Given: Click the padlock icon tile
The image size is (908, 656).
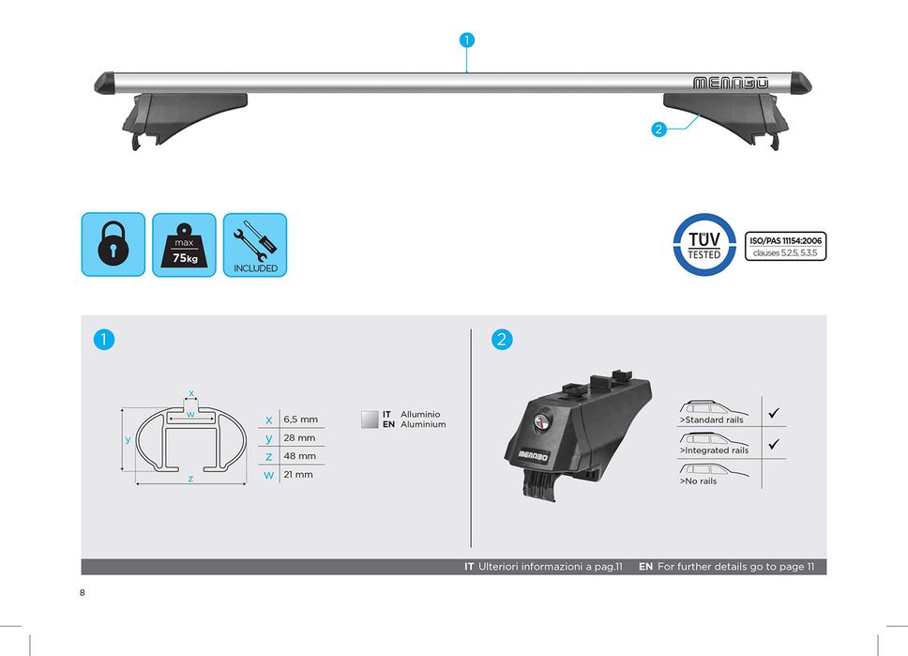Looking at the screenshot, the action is pyautogui.click(x=113, y=245).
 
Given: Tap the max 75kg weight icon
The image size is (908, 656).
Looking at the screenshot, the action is pyautogui.click(x=184, y=245).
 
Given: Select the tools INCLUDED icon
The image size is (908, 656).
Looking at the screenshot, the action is pyautogui.click(x=255, y=245).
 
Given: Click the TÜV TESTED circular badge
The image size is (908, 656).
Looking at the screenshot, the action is pyautogui.click(x=704, y=245).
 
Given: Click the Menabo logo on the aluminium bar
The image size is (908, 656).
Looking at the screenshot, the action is pyautogui.click(x=731, y=83).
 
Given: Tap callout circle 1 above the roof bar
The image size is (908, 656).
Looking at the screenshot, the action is pyautogui.click(x=467, y=40).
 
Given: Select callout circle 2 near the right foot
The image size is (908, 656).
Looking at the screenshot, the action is pyautogui.click(x=658, y=130).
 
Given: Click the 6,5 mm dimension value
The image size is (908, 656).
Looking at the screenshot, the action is pyautogui.click(x=300, y=420).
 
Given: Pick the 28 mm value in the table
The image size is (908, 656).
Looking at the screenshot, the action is pyautogui.click(x=299, y=438).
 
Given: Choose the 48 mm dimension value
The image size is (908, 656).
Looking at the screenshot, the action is pyautogui.click(x=300, y=456).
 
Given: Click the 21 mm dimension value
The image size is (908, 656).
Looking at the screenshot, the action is pyautogui.click(x=298, y=475).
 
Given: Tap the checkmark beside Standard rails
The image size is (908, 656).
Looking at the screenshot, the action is pyautogui.click(x=774, y=413).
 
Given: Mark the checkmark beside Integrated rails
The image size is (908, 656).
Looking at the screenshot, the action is pyautogui.click(x=774, y=444).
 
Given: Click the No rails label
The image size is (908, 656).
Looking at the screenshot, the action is pyautogui.click(x=699, y=481).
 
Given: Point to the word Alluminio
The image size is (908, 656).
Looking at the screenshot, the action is pyautogui.click(x=420, y=415).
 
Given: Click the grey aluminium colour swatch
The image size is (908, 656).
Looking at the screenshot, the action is pyautogui.click(x=370, y=420).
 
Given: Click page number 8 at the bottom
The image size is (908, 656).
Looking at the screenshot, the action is pyautogui.click(x=83, y=592).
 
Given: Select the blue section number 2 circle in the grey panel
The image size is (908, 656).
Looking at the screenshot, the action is pyautogui.click(x=502, y=340).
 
